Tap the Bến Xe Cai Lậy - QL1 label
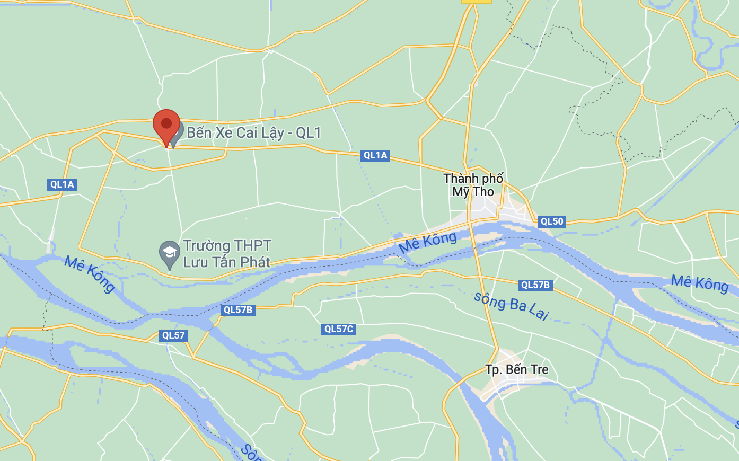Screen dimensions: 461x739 254,132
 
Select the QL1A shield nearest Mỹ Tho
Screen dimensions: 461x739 375,155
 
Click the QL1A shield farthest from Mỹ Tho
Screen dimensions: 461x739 62,184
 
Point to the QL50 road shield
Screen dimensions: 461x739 552,221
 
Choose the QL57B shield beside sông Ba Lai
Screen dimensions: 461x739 535,285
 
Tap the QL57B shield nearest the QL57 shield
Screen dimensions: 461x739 238,310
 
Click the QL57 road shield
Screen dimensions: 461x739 173,335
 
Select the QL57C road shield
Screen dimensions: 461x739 339,329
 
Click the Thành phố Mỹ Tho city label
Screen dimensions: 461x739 473,185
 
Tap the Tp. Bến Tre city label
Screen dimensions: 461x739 517,369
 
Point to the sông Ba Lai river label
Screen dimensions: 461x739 511,306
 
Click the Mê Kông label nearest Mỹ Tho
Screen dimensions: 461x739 427,242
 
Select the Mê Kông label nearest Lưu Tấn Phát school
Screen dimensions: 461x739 90,273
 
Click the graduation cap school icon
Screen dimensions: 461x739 170,253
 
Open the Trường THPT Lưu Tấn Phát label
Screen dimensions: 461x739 227,253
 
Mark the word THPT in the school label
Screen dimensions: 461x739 253,245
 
